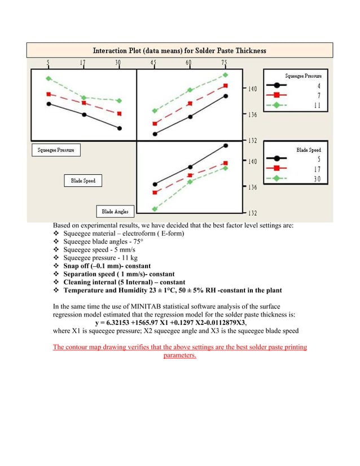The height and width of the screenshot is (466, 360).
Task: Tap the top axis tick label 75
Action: (x=225, y=63)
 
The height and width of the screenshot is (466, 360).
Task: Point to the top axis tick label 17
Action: (x=84, y=63)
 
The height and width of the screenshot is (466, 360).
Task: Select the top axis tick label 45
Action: (x=153, y=63)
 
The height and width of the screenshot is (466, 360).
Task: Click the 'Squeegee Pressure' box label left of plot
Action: (x=55, y=150)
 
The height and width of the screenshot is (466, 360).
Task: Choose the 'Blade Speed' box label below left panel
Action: (x=83, y=181)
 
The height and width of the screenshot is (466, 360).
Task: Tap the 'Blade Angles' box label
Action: (x=115, y=212)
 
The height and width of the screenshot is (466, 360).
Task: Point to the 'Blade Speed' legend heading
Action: (x=309, y=150)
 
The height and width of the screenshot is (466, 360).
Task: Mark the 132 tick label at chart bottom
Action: (x=252, y=213)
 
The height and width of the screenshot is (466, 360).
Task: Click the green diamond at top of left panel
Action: (x=49, y=78)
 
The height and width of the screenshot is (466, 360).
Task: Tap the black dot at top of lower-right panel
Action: (x=225, y=146)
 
